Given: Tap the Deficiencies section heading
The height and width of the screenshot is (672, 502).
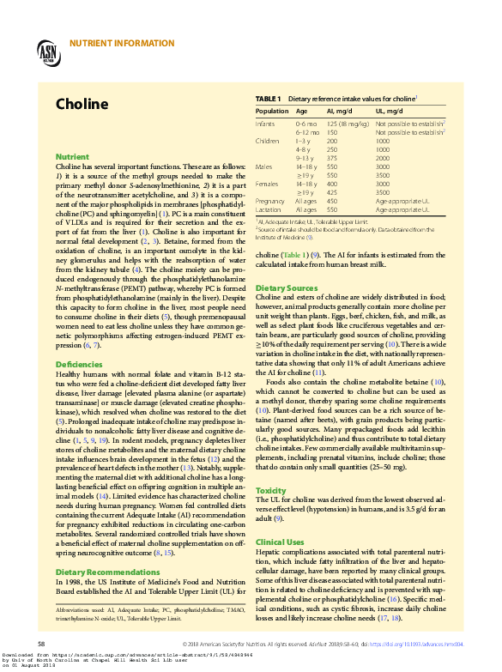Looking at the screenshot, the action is tap(78, 366).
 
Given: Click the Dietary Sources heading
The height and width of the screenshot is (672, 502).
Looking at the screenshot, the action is tap(287, 288).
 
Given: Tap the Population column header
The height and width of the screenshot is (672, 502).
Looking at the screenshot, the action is tap(272, 112).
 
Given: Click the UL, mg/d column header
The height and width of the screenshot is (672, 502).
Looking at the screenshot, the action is tap(389, 112).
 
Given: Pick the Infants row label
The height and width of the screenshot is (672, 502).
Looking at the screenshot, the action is tap(266, 124).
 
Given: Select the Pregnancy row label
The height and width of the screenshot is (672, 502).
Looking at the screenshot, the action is tap(270, 201).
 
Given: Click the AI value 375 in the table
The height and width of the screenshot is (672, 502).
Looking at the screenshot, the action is tap(332, 158).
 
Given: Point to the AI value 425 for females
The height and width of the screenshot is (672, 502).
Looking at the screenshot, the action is tap(332, 192).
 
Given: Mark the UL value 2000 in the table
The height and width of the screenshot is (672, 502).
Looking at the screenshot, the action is tap(383, 158).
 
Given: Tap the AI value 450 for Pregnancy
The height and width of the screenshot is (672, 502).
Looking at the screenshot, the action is tap(332, 201).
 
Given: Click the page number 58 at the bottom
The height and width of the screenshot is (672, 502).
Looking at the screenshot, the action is tap(40, 643).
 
